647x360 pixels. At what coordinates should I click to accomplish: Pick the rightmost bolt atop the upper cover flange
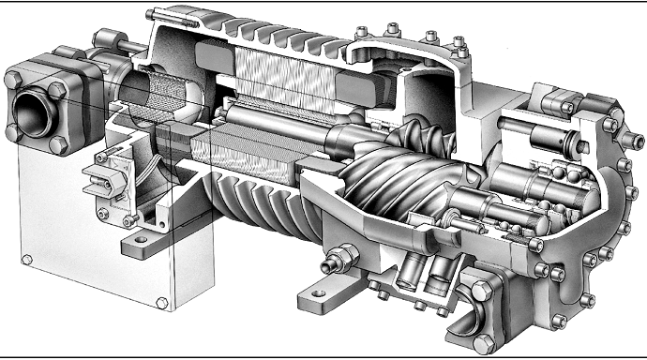459,43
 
